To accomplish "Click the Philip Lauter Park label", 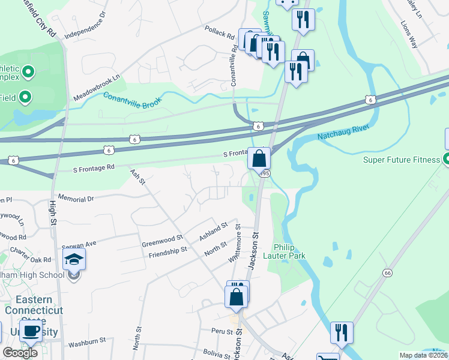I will click(289, 251).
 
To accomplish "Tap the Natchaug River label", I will click(340, 133).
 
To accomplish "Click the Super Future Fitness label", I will click(402, 160).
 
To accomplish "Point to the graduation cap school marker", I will click(74, 259).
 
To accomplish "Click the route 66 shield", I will click(386, 273).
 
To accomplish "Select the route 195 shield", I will click(265, 173).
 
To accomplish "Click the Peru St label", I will click(222, 331).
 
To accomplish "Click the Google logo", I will click(20, 353).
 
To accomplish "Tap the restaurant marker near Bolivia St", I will click(342, 332).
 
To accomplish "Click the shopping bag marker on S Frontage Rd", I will click(259, 159).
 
